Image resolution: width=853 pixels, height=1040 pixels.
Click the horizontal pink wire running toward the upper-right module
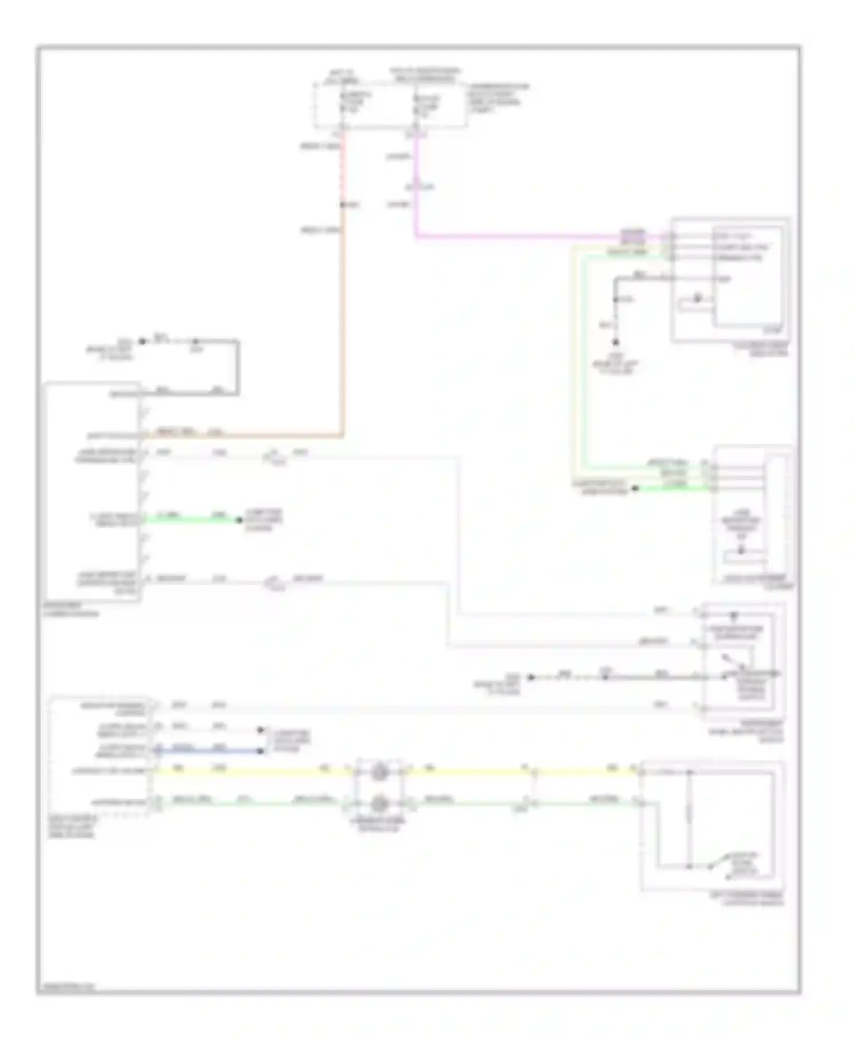[512, 236]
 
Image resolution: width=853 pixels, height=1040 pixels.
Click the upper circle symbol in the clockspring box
[379, 773]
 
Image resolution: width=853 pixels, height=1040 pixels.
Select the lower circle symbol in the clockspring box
[379, 803]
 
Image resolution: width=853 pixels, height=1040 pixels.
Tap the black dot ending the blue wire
[260, 751]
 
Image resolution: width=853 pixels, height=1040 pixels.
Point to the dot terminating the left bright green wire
[239, 519]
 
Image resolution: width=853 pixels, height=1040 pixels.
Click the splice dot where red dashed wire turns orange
[343, 205]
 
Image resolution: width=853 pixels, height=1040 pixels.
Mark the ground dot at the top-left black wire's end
[143, 341]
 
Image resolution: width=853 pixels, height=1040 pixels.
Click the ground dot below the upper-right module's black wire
[615, 342]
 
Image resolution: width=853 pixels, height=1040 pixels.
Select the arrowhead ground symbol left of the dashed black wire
[531, 677]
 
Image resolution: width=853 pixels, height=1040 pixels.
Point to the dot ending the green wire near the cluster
[635, 488]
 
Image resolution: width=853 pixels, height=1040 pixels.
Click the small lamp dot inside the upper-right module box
[697, 298]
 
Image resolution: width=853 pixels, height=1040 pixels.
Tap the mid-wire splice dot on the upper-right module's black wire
[615, 299]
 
